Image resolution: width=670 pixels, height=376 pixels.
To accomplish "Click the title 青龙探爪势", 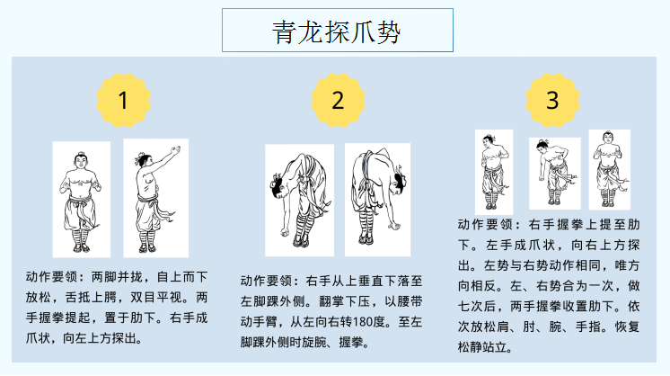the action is (337, 31).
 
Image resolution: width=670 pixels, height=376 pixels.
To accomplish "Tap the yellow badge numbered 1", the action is (123, 101).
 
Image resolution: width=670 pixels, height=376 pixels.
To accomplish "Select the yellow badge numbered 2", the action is (338, 101).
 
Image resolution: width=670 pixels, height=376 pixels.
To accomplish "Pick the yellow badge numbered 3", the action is (552, 101).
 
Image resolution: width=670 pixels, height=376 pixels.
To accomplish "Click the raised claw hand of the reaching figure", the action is (174, 151).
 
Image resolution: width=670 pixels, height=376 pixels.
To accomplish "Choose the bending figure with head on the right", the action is (378, 200).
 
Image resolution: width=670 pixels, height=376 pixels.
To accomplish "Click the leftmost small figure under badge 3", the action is (494, 172).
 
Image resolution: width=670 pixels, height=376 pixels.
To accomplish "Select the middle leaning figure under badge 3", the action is (555, 174).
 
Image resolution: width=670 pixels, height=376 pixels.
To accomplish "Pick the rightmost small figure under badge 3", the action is (610, 170).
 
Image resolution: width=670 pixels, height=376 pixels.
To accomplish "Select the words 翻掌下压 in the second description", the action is (344, 301).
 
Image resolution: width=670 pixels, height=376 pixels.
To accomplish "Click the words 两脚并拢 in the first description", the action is (117, 277).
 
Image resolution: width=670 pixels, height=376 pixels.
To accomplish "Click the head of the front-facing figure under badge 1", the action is (80, 161).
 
